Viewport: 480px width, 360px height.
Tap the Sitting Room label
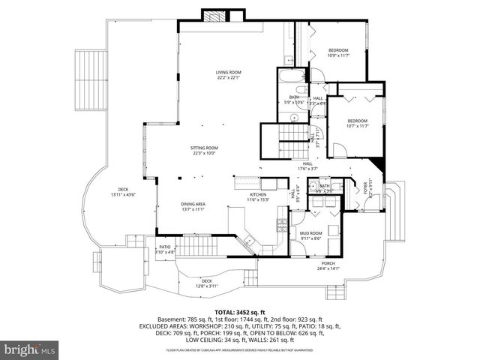click(205, 151)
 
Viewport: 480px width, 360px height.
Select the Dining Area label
click(193, 206)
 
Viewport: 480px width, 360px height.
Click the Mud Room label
click(310, 235)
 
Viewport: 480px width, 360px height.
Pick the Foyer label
click(367, 187)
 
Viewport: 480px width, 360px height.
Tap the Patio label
click(165, 250)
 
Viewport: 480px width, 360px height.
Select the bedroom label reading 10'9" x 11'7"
click(339, 52)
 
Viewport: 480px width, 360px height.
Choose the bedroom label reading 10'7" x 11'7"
click(356, 123)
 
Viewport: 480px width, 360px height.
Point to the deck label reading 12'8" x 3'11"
click(206, 283)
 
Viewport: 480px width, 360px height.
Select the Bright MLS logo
click(30, 349)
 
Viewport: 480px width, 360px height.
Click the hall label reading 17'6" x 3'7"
click(307, 166)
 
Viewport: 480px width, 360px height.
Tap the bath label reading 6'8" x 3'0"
click(325, 188)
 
